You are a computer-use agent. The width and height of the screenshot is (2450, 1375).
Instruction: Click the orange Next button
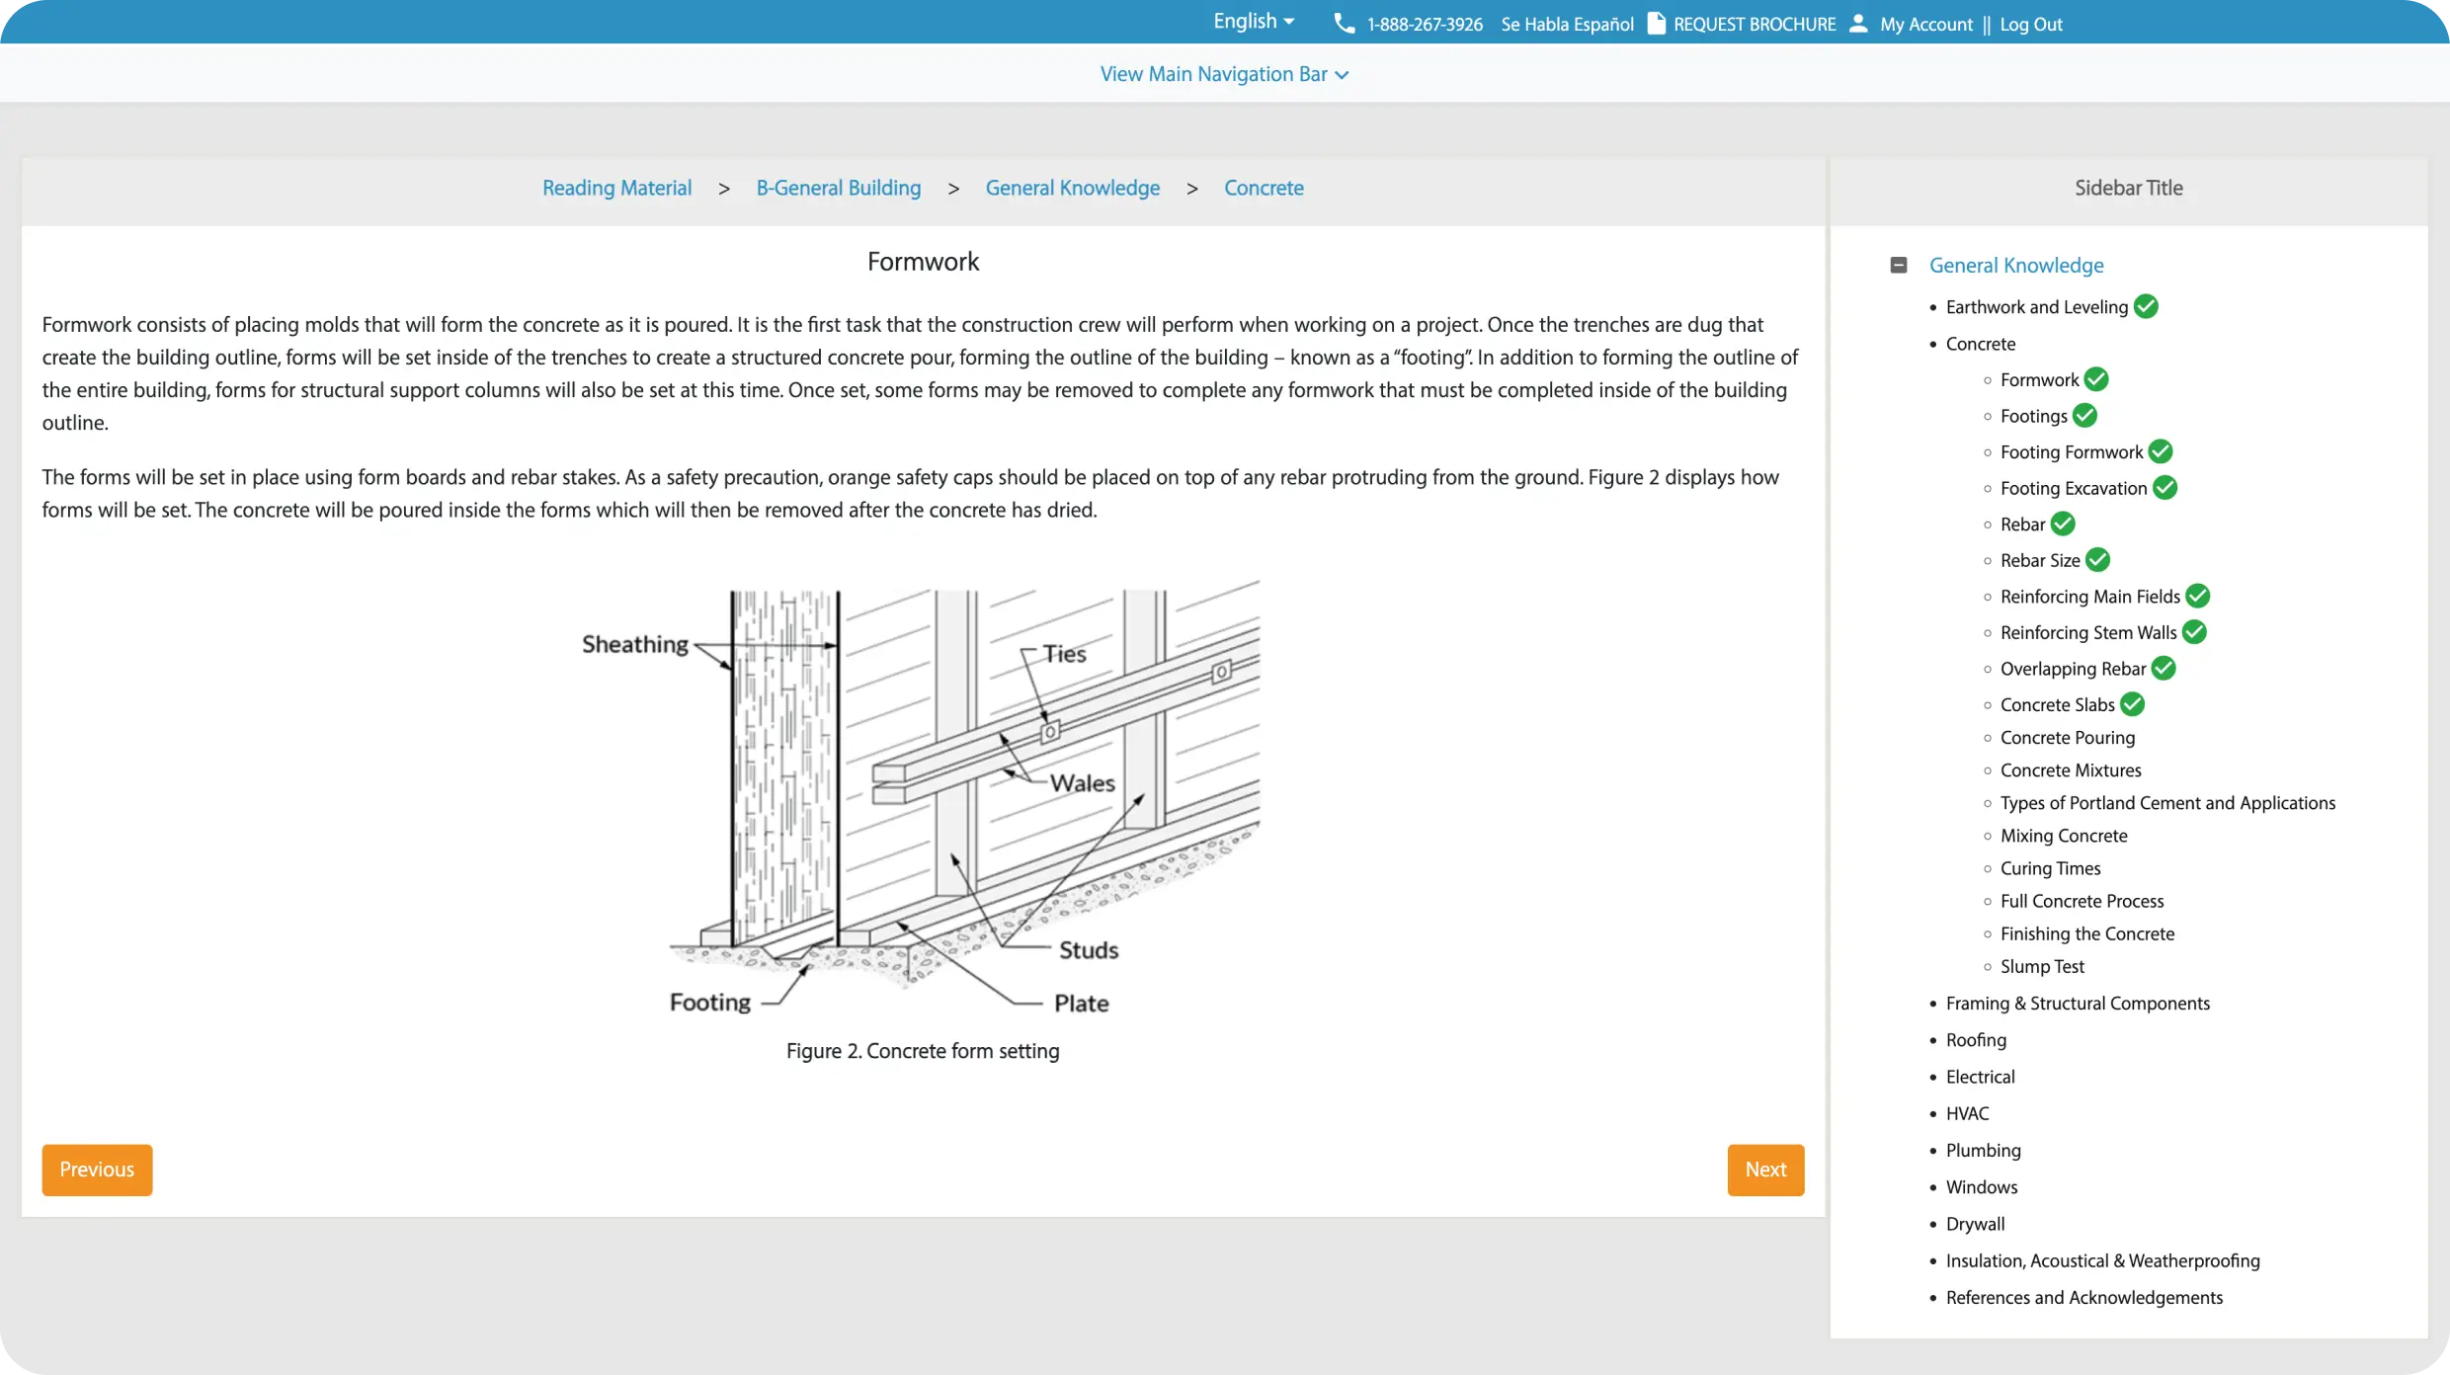point(1764,1170)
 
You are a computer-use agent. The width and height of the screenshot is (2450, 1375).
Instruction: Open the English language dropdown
point(1253,22)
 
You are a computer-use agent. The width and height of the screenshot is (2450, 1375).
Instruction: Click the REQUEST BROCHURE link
point(1754,25)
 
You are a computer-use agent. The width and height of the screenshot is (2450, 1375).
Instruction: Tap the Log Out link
point(2030,25)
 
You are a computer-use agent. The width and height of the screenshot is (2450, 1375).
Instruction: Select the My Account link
point(1925,25)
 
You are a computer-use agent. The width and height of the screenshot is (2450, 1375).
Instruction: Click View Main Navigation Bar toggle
point(1223,74)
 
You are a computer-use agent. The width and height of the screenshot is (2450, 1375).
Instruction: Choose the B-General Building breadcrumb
point(838,188)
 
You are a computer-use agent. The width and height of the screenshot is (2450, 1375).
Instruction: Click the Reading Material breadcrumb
point(616,188)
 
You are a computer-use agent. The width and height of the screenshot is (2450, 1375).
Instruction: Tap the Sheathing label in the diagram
point(634,644)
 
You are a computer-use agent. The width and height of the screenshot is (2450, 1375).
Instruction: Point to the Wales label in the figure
point(1082,783)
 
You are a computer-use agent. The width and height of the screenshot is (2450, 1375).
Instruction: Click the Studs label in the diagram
point(1089,950)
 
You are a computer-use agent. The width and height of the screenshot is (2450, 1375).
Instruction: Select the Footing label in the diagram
point(709,1003)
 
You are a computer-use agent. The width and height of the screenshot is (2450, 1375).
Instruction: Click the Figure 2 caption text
point(922,1051)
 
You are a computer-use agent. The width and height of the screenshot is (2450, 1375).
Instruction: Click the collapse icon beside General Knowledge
point(1898,265)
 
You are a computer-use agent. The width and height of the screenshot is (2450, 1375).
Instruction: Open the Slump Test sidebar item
point(2042,967)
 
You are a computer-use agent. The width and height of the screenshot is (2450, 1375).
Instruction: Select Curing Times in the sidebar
point(2050,868)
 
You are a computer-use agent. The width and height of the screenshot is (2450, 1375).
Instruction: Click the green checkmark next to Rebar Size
point(2097,560)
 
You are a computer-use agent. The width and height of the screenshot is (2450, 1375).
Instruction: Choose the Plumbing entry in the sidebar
point(1983,1151)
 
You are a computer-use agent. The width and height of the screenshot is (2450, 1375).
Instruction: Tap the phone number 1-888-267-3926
point(1424,25)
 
